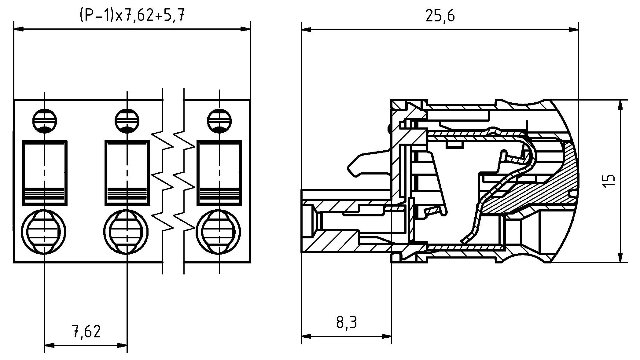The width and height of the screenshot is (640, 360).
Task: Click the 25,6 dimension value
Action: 440,16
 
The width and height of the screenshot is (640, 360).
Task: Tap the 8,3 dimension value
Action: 347,323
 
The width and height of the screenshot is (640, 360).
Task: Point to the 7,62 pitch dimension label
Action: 86,332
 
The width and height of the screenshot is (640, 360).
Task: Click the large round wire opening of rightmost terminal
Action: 218,231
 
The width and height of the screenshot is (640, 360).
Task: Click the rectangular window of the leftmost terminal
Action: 45,173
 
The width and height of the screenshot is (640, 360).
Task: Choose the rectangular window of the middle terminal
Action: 127,173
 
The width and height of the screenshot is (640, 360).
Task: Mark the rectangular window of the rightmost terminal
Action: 219,173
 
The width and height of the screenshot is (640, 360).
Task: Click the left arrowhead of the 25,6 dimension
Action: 306,30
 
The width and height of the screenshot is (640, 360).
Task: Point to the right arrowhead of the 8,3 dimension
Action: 387,336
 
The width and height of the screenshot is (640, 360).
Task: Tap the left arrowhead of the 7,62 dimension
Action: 50,346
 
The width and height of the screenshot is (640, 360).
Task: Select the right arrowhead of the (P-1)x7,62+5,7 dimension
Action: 245,29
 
